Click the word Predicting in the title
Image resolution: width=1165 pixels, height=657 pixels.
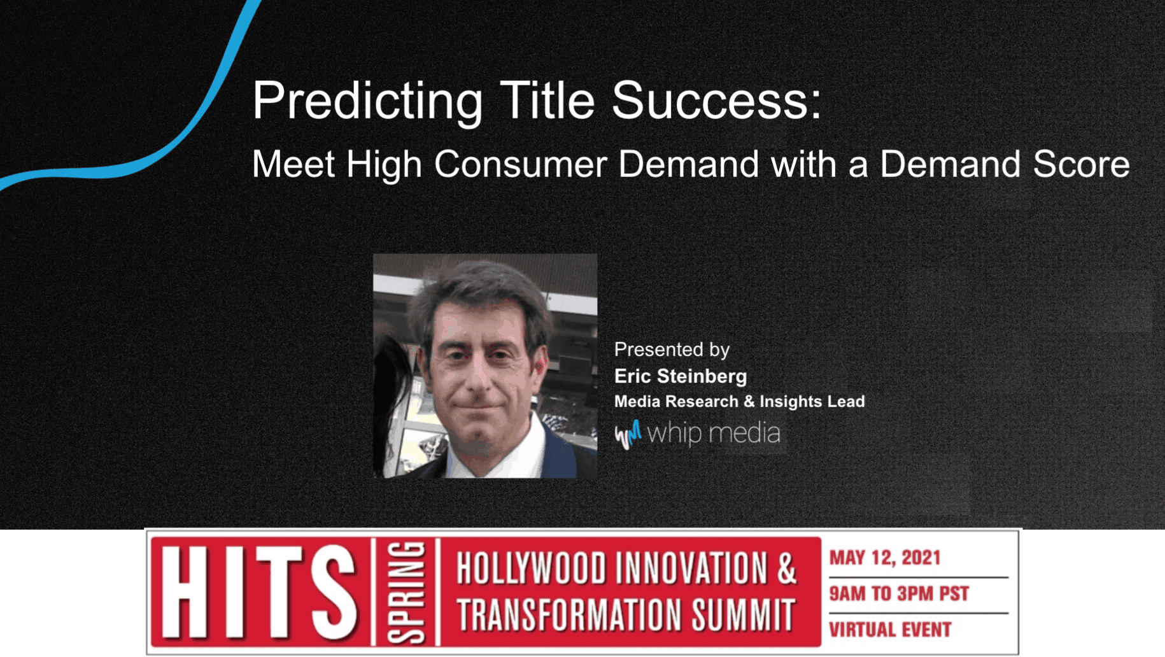367,101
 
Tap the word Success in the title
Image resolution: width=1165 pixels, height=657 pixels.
710,101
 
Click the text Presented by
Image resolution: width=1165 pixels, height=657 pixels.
672,350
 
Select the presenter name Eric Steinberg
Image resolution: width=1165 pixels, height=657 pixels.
680,376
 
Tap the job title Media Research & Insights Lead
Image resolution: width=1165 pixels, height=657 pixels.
739,402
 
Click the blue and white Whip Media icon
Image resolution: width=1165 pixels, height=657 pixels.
628,435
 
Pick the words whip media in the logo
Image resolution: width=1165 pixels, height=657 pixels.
713,434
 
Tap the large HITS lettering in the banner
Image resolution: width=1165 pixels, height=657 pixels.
258,592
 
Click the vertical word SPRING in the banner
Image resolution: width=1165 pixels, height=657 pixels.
406,592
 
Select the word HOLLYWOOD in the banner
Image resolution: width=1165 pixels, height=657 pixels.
532,569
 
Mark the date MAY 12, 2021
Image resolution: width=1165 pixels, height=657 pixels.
884,558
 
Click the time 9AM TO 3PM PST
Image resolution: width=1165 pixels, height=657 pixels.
898,594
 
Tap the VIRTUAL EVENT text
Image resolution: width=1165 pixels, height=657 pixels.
890,630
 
